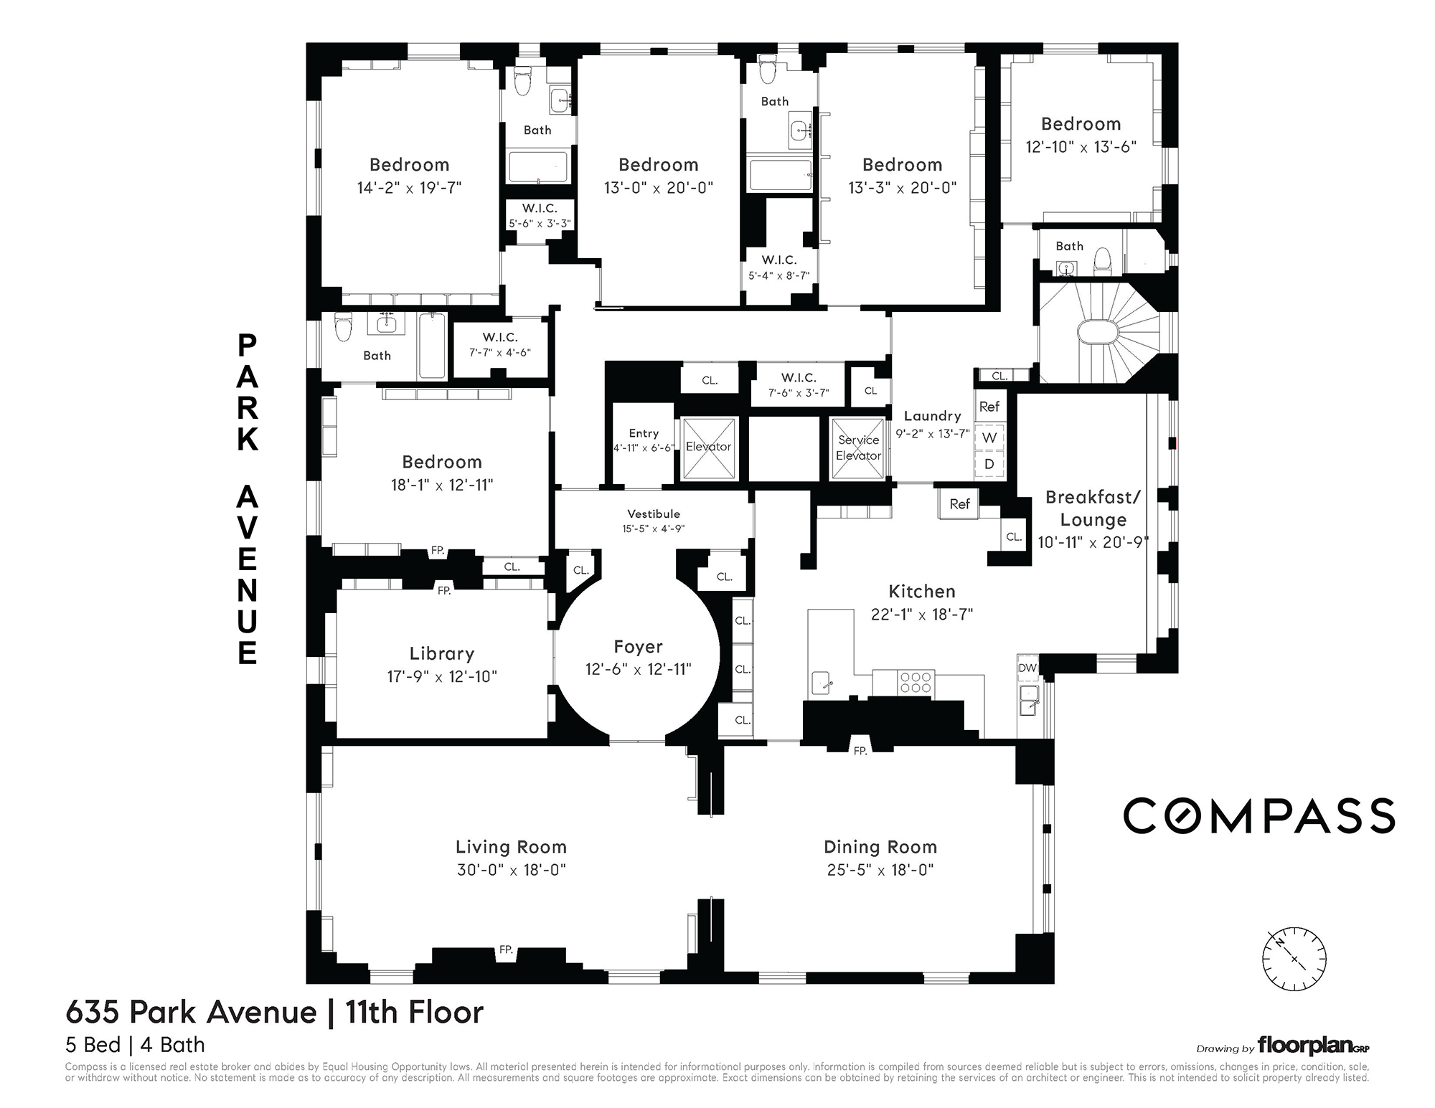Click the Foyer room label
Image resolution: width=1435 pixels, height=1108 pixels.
point(638,647)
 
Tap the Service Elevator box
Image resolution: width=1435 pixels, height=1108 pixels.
point(858,448)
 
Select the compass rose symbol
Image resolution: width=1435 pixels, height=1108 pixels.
point(1294,960)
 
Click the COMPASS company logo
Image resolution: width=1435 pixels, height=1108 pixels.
point(1258,816)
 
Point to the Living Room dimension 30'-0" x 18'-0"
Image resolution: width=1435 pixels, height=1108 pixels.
point(512,870)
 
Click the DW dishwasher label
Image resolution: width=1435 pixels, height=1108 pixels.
point(1027,668)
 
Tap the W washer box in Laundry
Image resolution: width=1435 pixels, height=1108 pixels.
point(989,437)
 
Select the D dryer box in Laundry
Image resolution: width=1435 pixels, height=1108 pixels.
point(989,465)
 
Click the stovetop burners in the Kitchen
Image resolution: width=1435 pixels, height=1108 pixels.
point(916,682)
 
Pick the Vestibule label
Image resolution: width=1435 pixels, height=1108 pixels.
point(654,513)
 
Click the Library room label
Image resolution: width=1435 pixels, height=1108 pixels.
point(442,653)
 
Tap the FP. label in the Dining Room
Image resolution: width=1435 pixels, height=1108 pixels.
point(860,751)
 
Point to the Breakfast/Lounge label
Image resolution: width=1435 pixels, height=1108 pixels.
point(1093,508)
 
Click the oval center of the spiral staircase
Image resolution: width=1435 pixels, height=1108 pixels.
point(1098,333)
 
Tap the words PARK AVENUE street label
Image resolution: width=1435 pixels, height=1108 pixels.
point(248,499)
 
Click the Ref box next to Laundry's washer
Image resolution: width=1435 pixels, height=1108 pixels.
point(989,407)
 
